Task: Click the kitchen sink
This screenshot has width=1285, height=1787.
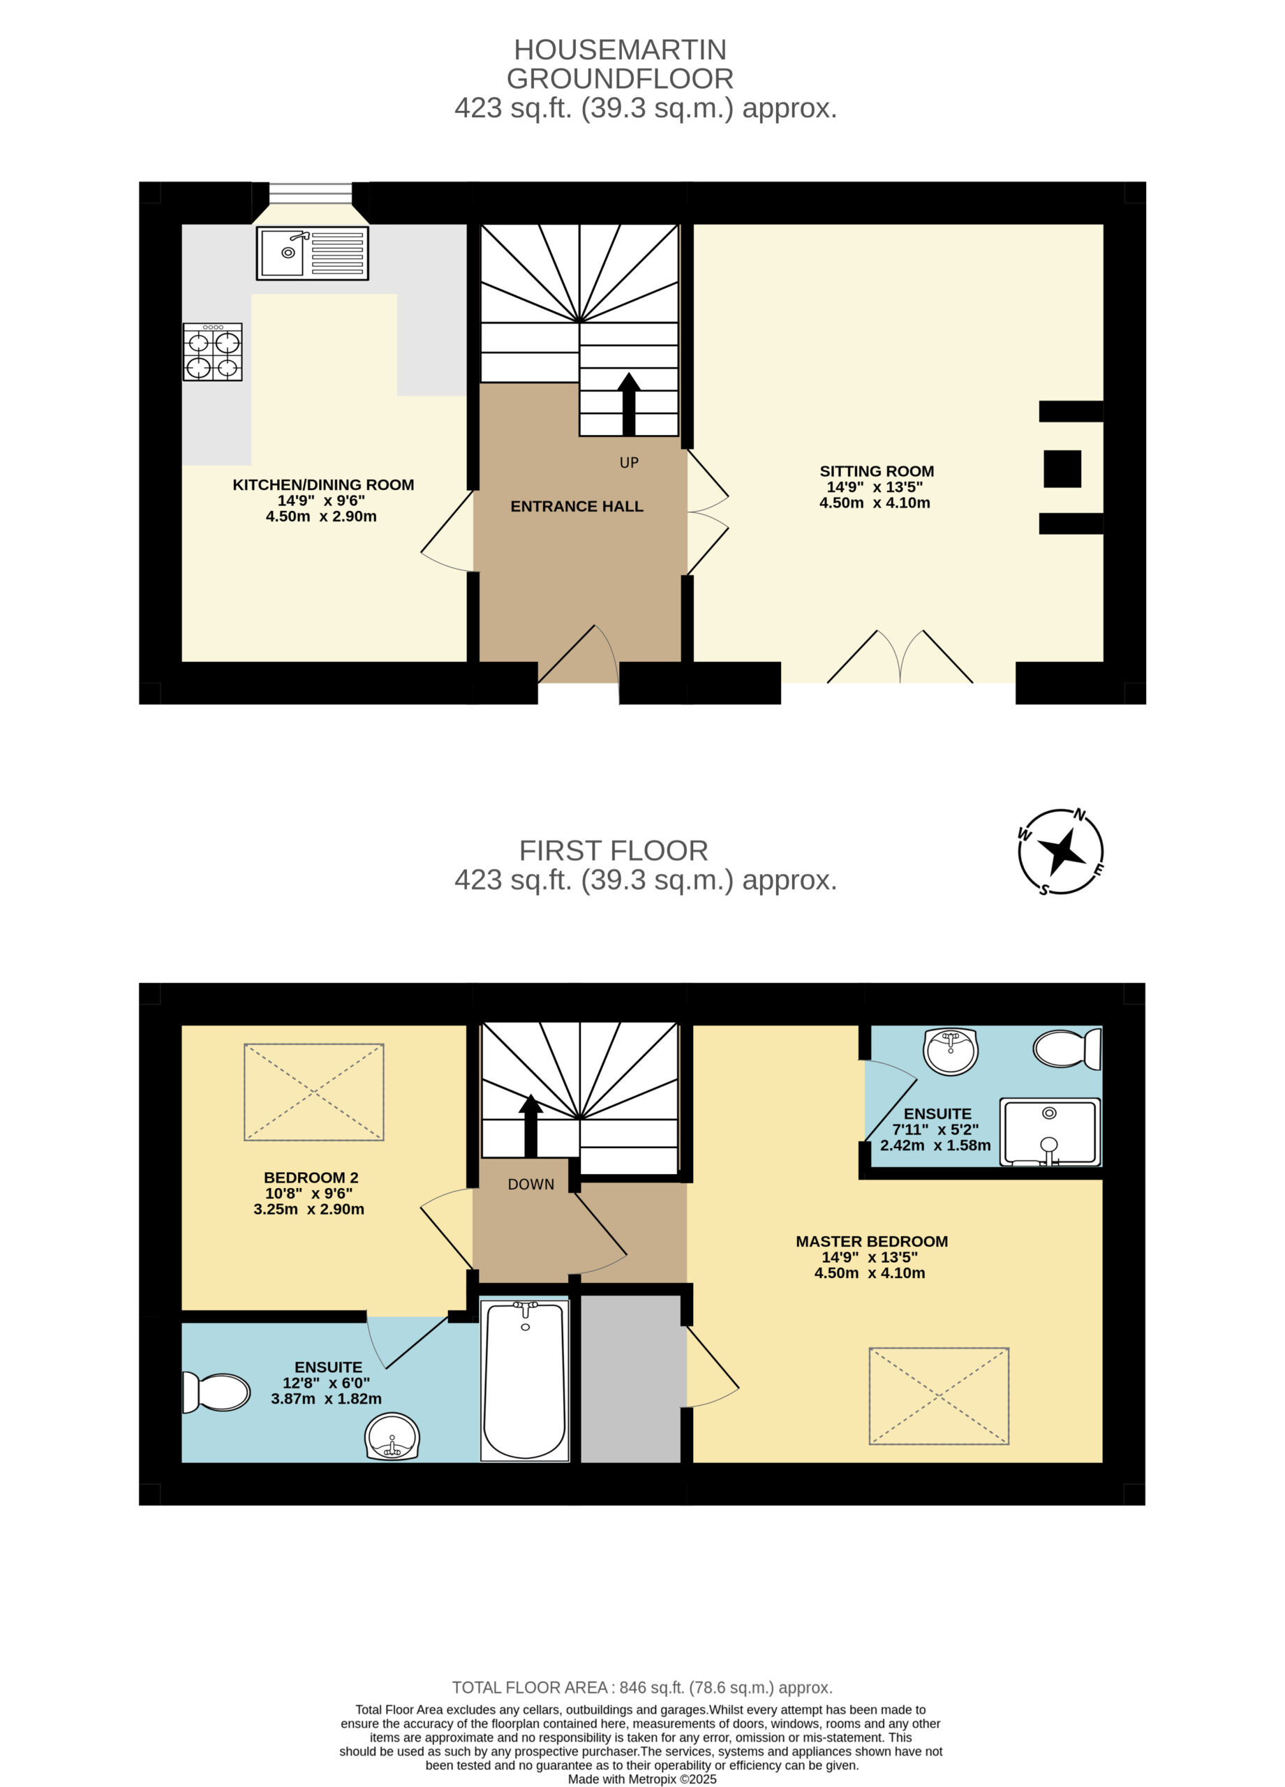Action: coord(312,253)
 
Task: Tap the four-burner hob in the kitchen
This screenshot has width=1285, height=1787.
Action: coord(213,353)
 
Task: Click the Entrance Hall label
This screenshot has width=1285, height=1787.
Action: coord(577,507)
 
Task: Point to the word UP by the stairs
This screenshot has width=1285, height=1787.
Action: coord(629,463)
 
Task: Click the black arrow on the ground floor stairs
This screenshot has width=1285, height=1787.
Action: coord(629,404)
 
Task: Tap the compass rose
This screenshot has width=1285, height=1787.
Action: coord(1060,851)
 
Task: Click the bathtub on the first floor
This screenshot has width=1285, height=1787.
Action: coord(525,1379)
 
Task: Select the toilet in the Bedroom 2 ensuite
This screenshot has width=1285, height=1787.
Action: coord(216,1392)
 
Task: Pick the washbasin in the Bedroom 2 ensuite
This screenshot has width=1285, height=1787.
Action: coord(392,1437)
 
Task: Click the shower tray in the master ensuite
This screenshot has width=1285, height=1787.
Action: coord(1050,1132)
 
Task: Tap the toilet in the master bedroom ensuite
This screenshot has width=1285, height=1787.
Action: coord(1067,1048)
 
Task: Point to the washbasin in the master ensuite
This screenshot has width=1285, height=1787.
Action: coord(951,1051)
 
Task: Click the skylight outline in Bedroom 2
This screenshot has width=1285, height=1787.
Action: coord(313,1092)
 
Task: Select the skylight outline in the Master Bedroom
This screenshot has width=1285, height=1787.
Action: coord(939,1396)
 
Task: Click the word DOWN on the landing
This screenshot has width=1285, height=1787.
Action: coord(531,1185)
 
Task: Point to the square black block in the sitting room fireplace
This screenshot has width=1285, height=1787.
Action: coord(1062,469)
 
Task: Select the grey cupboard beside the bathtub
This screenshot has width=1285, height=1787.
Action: coord(630,1379)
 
